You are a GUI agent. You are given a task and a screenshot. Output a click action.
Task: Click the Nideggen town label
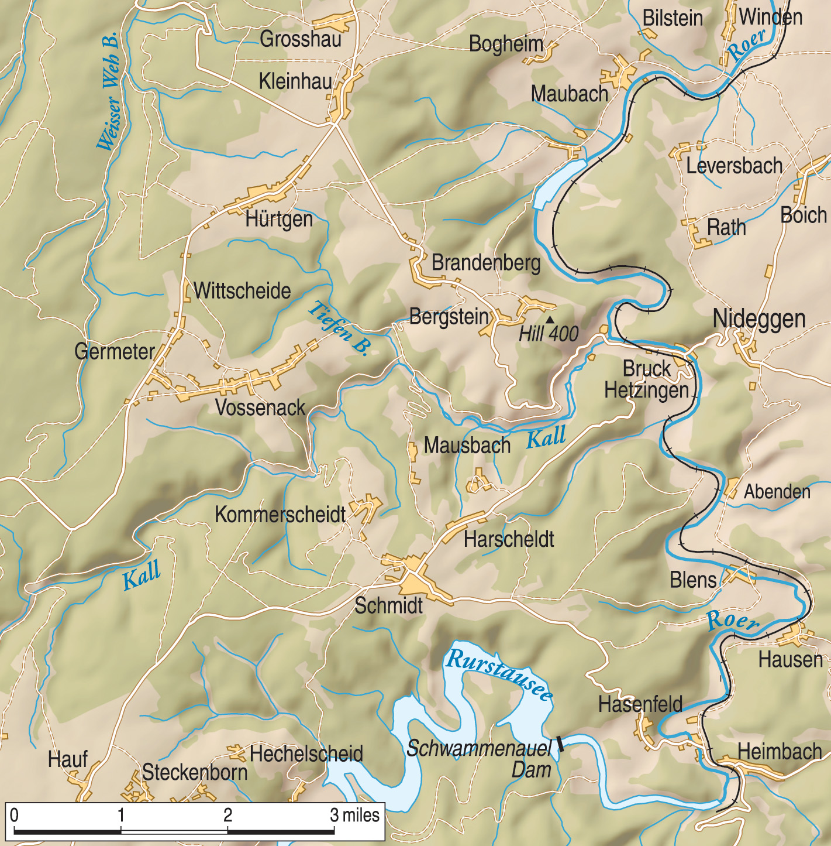[x=758, y=319]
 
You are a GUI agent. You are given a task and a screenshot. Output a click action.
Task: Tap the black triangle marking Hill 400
[x=550, y=320]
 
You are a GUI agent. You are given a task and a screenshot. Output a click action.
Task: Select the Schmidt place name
[x=388, y=605]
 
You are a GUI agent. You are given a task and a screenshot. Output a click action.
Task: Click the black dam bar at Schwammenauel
[x=560, y=743]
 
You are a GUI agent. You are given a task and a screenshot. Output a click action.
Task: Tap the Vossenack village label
[x=260, y=407]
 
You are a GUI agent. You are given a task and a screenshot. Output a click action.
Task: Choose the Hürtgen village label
[x=279, y=220]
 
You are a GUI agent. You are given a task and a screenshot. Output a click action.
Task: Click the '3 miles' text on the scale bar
[x=354, y=814]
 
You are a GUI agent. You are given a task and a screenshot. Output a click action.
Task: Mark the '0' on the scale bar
[x=14, y=814]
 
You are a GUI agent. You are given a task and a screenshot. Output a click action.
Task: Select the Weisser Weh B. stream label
[x=109, y=91]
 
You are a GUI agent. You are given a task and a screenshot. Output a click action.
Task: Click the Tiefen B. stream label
[x=339, y=328]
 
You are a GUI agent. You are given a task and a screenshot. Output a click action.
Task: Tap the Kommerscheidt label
[x=280, y=515]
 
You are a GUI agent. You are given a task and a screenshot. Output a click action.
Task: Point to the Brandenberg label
[x=486, y=263]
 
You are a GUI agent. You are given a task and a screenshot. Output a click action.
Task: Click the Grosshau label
[x=301, y=39]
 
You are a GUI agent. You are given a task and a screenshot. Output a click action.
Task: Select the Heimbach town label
[x=780, y=751]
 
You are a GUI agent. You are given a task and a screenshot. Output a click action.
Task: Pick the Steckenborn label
[x=195, y=772]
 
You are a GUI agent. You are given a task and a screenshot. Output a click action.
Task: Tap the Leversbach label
[x=734, y=166]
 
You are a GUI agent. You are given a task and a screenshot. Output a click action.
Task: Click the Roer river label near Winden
[x=747, y=44]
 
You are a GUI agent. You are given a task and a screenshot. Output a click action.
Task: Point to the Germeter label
[x=115, y=351]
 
